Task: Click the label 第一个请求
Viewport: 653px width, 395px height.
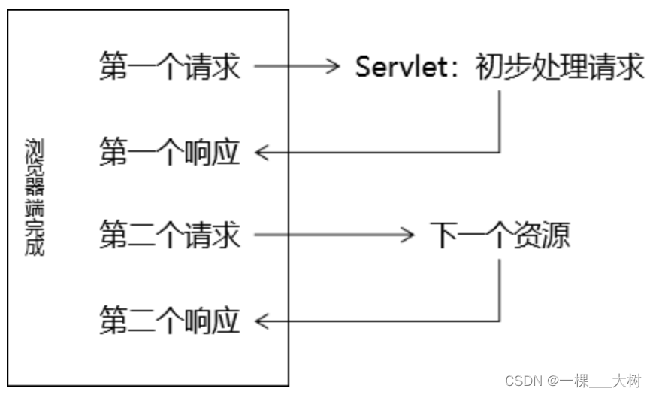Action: click(170, 68)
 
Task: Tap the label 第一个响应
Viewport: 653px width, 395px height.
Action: click(170, 153)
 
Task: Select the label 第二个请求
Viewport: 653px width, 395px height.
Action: click(170, 236)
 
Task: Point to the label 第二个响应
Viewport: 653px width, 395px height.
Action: click(170, 322)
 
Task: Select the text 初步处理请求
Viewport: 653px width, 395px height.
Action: click(561, 68)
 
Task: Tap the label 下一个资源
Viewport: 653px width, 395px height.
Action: click(500, 236)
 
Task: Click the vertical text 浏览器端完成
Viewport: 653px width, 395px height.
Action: click(35, 197)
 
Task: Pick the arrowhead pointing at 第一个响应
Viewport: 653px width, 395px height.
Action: click(261, 153)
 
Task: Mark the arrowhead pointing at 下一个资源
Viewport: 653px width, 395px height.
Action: click(407, 236)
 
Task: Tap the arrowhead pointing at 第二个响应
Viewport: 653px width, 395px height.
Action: click(261, 322)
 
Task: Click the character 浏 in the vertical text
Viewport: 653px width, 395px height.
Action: click(35, 146)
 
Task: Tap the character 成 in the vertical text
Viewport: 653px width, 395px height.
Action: click(35, 248)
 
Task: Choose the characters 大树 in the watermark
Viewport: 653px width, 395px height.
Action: click(628, 381)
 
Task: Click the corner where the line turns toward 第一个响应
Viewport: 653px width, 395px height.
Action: click(500, 153)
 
